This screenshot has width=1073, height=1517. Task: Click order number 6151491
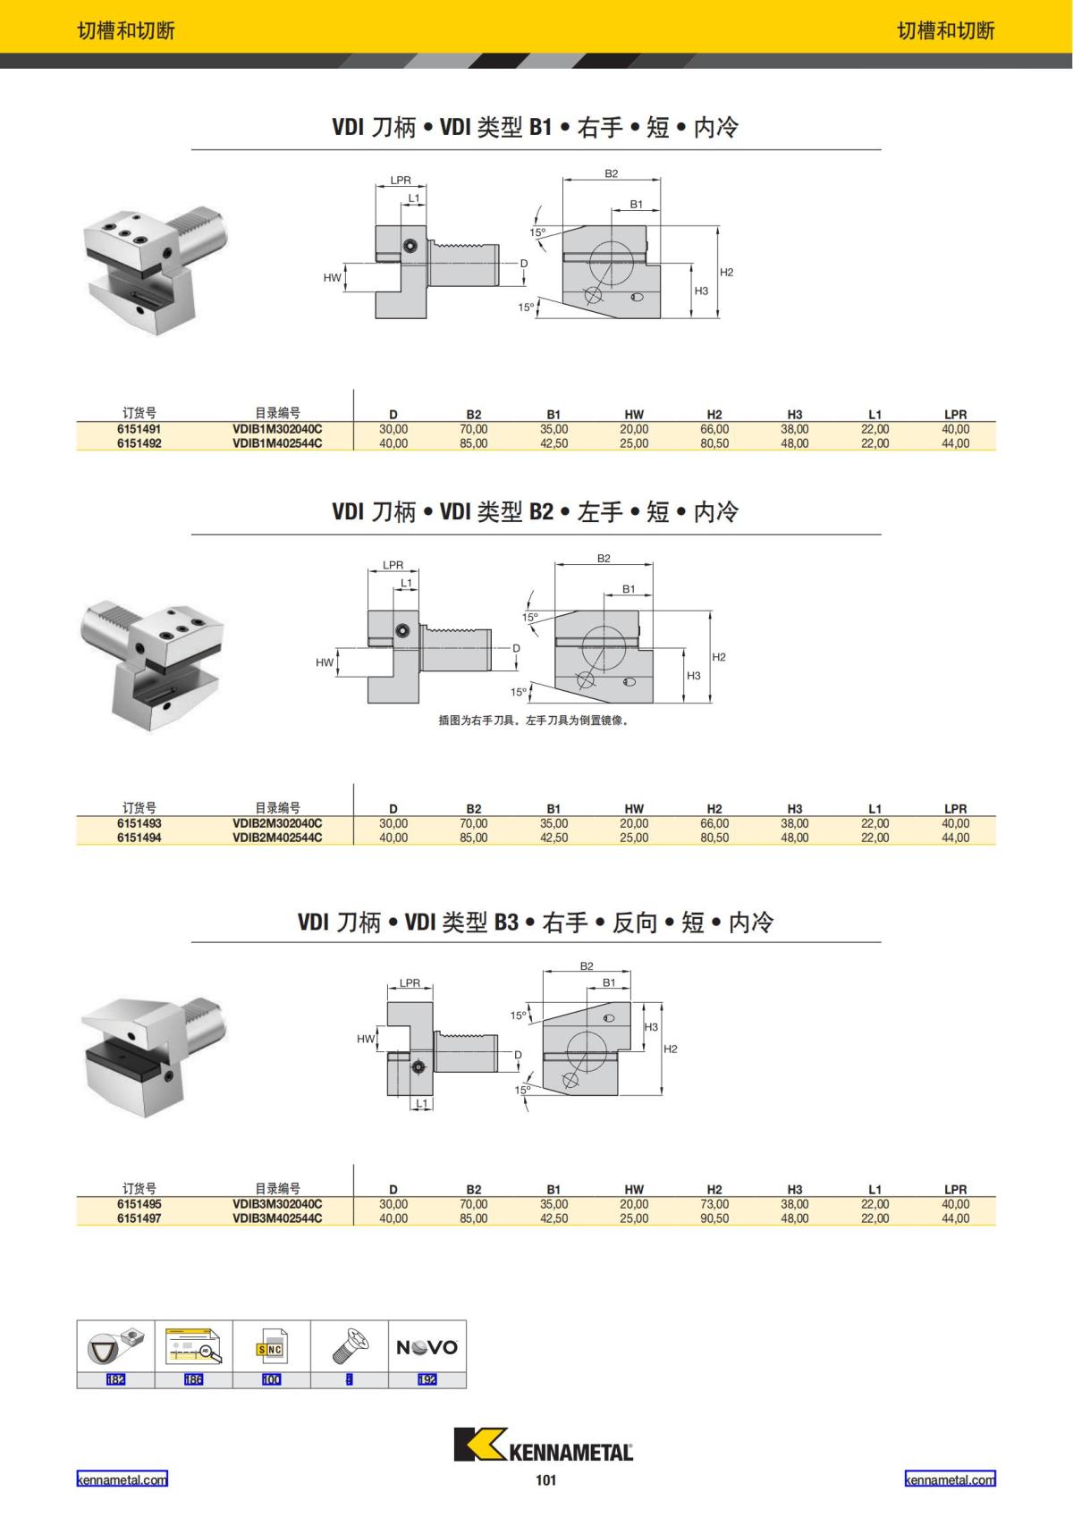tap(139, 429)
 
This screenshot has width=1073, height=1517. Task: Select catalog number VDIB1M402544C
tap(277, 443)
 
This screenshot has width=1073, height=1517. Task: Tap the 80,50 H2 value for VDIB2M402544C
tap(714, 838)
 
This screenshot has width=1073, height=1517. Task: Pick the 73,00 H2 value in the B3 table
tap(714, 1204)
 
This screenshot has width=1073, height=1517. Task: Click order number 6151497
tap(139, 1218)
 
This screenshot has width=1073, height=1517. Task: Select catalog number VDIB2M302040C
tap(277, 823)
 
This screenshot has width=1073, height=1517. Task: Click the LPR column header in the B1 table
tap(955, 415)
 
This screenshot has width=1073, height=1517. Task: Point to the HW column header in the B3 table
tap(633, 1190)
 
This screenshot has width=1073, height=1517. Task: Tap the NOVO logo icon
tap(427, 1347)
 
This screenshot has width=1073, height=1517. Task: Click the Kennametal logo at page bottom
tap(544, 1445)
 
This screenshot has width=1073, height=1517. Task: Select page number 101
tap(545, 1480)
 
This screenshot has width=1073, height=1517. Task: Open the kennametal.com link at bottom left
tap(122, 1479)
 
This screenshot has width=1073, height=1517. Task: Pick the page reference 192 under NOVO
tap(427, 1379)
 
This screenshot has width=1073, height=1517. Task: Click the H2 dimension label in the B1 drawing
tap(726, 273)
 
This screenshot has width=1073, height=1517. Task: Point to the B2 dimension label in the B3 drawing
tap(587, 966)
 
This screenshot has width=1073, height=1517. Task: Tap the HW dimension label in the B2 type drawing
tap(324, 662)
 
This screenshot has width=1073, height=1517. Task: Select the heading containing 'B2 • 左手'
tap(535, 512)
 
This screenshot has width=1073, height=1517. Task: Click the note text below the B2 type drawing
tap(534, 721)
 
